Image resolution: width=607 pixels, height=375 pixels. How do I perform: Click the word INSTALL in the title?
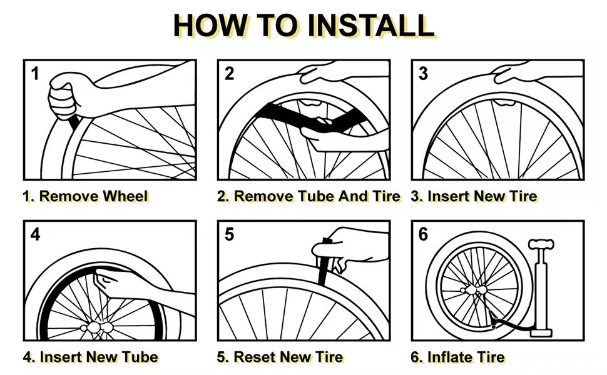point(371,25)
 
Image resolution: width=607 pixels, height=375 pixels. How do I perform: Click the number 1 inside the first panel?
point(35,74)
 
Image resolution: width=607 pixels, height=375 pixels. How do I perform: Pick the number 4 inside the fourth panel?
point(35,235)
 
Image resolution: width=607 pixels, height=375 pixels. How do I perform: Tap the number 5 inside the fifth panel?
point(229,235)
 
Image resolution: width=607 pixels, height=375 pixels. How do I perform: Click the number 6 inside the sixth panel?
point(424,235)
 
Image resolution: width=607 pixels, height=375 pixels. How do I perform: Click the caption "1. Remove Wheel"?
point(86,196)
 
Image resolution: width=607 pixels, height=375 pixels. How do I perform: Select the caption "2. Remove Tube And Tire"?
point(309,196)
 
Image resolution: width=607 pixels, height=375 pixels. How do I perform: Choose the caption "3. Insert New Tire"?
point(474,196)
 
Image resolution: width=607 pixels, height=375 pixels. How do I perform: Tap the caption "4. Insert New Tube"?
point(90,357)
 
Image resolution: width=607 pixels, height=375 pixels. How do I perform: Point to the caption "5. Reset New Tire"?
point(280,357)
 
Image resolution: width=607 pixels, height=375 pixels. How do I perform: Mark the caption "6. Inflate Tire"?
point(457,357)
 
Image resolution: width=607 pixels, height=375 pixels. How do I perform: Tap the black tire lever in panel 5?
point(325,262)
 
